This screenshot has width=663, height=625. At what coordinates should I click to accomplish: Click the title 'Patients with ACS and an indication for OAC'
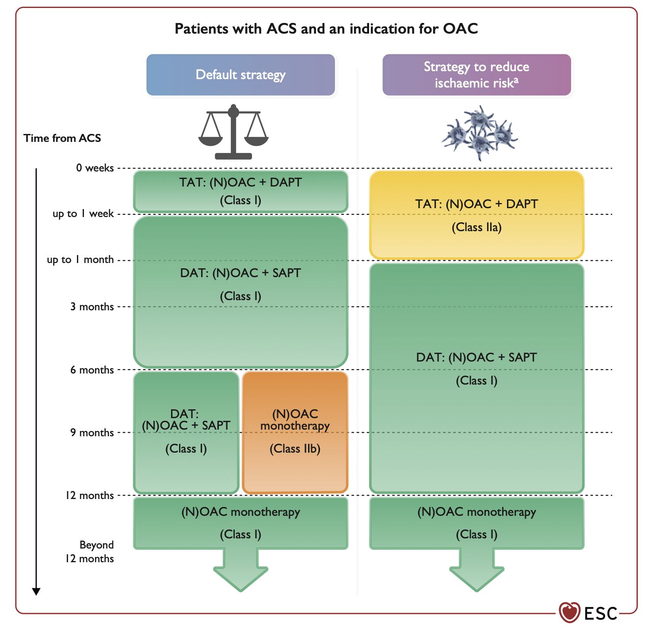point(326,29)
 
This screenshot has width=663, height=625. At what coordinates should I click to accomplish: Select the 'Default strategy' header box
point(240,75)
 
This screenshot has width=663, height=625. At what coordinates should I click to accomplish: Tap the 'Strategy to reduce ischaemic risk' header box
point(476,75)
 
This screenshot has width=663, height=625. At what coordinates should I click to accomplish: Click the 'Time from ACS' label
point(62,138)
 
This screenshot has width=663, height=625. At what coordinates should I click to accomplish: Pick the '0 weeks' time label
point(95,168)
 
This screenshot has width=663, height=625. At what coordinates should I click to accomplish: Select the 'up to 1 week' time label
point(83,214)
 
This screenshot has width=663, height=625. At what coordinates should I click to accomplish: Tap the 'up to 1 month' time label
point(80,260)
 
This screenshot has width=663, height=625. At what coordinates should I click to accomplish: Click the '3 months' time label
point(92,307)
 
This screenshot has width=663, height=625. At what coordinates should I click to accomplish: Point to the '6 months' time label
point(92,370)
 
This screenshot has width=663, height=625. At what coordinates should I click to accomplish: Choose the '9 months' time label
point(92,433)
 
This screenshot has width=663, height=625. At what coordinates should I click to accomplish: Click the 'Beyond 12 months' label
point(90,552)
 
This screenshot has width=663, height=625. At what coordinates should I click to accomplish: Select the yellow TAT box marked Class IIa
point(476,215)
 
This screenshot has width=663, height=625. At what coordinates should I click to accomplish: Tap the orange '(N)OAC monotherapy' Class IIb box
point(295,432)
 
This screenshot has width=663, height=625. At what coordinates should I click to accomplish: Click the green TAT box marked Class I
point(240,191)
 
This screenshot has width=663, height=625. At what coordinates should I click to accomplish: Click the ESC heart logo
point(569,612)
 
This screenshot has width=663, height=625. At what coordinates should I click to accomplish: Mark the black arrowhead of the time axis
point(36,591)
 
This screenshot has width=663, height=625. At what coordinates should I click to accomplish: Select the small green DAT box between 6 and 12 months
point(186,432)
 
